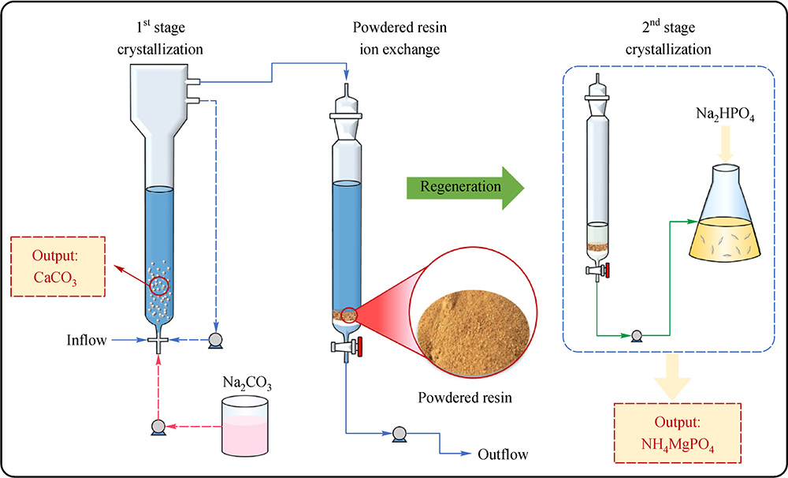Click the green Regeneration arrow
click(463, 188)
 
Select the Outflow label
click(504, 454)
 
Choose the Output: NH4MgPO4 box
click(677, 436)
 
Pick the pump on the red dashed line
click(158, 426)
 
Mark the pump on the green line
click(635, 334)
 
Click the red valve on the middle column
click(359, 346)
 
